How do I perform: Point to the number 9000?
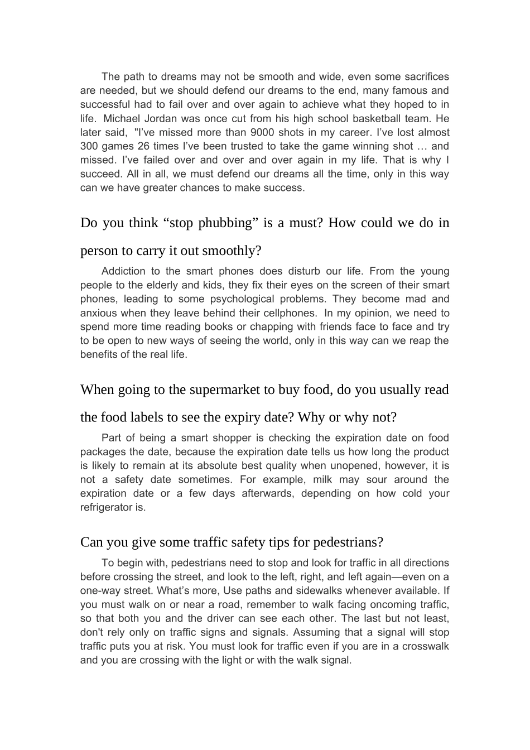click(262, 132)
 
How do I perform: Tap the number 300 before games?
click(89, 146)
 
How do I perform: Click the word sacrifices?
click(423, 76)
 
